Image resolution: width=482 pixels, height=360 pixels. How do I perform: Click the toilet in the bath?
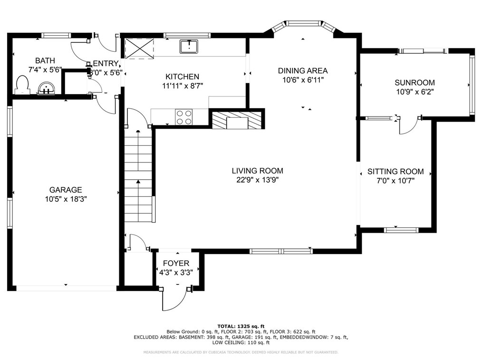22,85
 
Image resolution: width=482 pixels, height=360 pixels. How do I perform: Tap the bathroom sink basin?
47,88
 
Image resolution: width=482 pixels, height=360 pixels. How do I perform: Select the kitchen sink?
189,47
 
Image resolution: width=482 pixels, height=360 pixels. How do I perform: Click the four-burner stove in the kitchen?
184,117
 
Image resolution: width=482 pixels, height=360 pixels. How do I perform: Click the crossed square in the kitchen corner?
140,47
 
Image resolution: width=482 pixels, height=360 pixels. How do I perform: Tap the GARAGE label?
66,190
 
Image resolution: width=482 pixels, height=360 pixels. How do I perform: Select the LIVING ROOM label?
258,171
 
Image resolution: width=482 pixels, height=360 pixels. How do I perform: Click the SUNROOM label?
415,83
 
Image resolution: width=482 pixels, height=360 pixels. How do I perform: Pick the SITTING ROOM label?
395,171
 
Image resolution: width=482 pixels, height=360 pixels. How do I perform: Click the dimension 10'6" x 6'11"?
303,80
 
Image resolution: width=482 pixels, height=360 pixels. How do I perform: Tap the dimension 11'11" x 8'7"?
183,86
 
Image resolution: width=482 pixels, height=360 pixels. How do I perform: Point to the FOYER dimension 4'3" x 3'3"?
176,273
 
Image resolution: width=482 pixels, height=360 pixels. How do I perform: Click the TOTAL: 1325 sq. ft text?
241,326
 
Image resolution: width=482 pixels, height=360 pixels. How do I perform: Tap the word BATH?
45,60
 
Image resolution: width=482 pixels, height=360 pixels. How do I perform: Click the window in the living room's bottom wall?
281,251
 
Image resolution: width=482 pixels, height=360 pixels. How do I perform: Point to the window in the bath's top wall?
56,35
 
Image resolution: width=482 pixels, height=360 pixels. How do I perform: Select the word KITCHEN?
182,76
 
